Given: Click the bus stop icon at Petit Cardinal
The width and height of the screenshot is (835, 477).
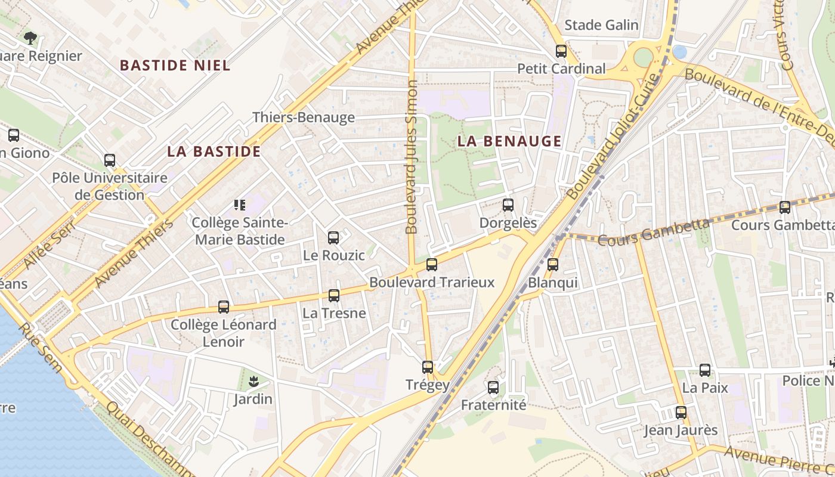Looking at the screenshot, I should pos(561,51).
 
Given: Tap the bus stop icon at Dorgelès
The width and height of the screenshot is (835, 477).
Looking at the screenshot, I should pos(508,205).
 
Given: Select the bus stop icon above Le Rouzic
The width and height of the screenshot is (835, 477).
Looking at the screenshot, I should pos(333,238).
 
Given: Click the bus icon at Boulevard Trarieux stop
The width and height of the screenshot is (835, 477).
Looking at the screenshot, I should pos(431,265).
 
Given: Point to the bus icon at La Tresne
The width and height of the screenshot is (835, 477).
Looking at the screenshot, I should pos(334,296).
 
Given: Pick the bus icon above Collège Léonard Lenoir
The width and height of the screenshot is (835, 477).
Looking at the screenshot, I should pos(224,307).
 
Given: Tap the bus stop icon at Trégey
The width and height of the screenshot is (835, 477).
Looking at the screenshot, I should pos(428,367).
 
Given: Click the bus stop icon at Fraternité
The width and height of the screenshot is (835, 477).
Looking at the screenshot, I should pos(493,388).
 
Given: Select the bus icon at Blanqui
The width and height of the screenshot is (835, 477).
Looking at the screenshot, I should pos(553,265).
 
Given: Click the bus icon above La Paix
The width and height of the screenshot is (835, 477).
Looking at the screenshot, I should pos(705,370).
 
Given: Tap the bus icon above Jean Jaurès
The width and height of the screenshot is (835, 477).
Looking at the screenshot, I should pos(681,413).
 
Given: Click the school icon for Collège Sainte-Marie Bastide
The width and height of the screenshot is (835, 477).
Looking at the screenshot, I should pos(240,206).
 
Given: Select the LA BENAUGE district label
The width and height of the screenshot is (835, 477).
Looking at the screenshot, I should pos(509,141).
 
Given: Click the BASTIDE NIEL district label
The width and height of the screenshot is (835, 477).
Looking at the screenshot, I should pos(175,66).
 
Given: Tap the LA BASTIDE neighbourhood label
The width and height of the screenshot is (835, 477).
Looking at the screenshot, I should pos(214,151).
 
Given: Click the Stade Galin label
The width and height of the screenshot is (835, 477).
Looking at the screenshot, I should pos(601,25).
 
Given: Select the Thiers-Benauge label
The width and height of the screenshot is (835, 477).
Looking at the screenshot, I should pos(304,117).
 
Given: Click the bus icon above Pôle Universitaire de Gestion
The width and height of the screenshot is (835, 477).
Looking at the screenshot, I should pos(110,160).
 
